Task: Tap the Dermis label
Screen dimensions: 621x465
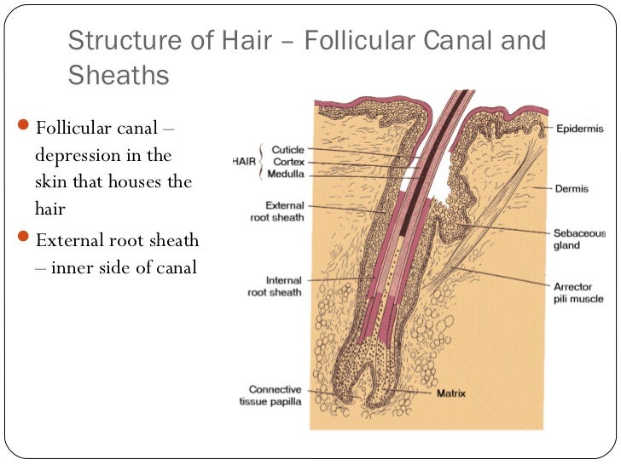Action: (x=572, y=189)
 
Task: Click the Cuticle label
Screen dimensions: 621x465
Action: (x=287, y=150)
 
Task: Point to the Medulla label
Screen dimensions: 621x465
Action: (x=286, y=174)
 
